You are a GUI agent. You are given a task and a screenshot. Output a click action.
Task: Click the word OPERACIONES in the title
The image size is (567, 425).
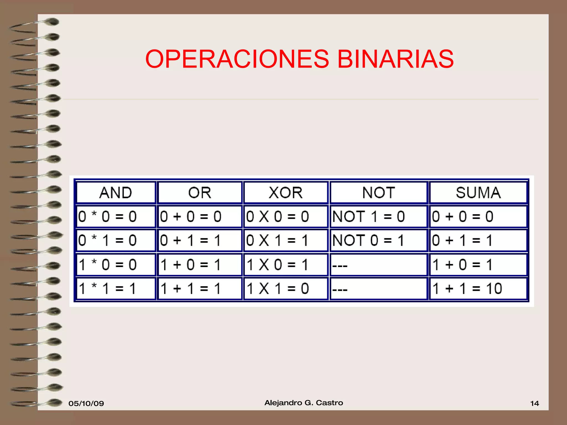coord(237,59)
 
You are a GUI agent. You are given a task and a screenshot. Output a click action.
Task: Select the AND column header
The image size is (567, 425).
coord(116,193)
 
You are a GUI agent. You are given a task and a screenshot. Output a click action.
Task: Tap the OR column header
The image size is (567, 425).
coord(200,193)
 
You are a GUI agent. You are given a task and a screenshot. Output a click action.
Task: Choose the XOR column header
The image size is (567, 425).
coord(286,193)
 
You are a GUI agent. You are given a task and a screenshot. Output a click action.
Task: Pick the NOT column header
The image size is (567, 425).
coord(378,193)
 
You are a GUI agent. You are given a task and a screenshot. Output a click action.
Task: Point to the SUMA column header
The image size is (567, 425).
coord(478,193)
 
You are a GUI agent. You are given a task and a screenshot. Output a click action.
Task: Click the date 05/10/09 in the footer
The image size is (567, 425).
coord(86,403)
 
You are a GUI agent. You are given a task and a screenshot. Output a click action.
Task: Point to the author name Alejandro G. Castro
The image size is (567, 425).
coord(304,403)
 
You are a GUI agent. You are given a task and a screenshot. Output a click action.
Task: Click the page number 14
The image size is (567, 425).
coord(534,403)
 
